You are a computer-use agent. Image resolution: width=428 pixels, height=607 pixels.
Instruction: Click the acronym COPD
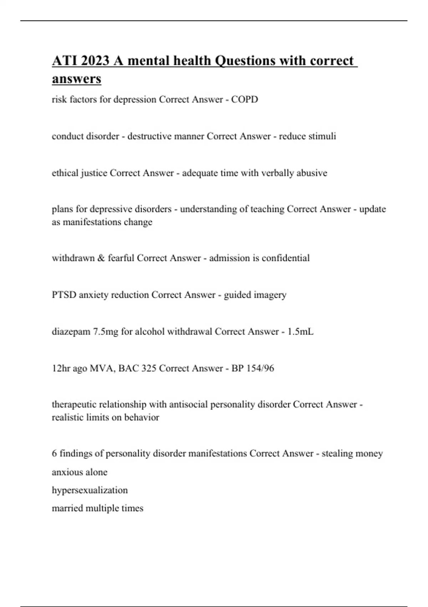coord(244,99)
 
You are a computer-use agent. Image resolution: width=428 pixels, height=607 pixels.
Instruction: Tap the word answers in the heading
coord(76,79)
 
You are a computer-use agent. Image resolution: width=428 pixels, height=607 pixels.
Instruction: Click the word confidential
coord(285,258)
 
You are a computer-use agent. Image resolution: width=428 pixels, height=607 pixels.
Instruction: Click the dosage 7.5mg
coord(106,332)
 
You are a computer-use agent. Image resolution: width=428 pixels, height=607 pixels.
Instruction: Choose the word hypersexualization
coord(90,490)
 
